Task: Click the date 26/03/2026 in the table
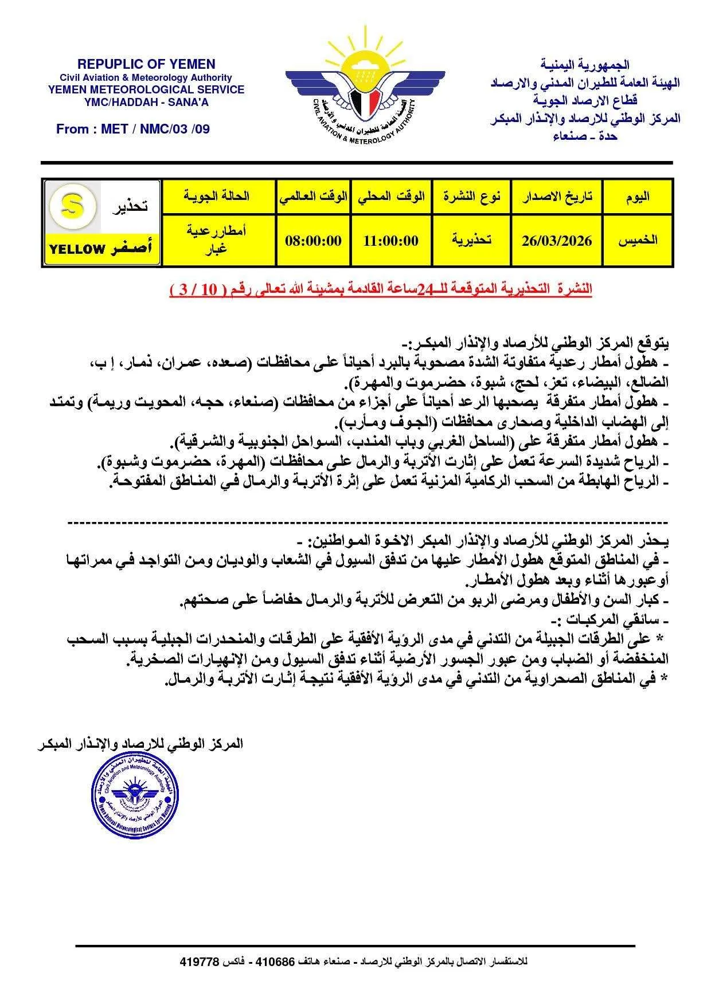(x=556, y=241)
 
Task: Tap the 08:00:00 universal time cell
(x=313, y=241)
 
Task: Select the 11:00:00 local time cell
(x=391, y=241)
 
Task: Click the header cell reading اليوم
(x=637, y=197)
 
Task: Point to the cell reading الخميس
(x=637, y=241)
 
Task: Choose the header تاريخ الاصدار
(x=556, y=197)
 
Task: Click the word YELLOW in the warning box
(x=77, y=249)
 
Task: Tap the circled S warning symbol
(x=72, y=206)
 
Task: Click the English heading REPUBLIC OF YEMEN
(x=146, y=64)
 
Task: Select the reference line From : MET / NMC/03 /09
(x=133, y=129)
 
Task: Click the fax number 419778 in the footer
(x=200, y=961)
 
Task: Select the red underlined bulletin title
(x=380, y=289)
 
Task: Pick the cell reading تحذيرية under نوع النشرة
(x=471, y=241)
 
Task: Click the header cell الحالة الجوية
(x=217, y=197)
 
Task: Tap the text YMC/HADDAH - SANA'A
(x=146, y=103)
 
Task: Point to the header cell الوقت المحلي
(x=391, y=197)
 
